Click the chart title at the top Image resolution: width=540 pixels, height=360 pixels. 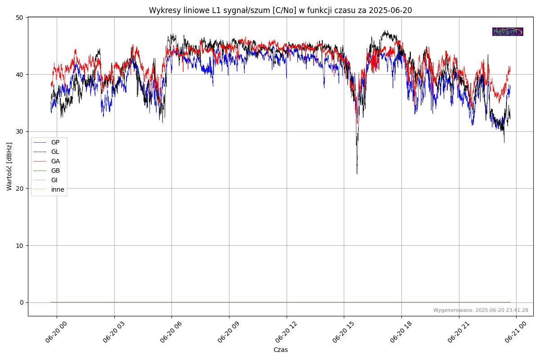point(280,10)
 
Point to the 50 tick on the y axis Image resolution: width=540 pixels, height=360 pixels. point(20,18)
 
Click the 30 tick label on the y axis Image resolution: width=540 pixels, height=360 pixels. point(20,131)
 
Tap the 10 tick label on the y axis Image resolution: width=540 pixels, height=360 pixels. point(20,245)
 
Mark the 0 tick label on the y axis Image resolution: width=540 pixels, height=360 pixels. point(22,302)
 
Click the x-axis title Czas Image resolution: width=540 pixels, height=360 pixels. point(280,350)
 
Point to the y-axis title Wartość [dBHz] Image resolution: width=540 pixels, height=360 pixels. point(9,166)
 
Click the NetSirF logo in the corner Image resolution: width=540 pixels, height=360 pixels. point(508,31)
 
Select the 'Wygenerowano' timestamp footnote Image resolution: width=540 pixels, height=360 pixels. point(481,310)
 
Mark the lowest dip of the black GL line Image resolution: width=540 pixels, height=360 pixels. point(357,174)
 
